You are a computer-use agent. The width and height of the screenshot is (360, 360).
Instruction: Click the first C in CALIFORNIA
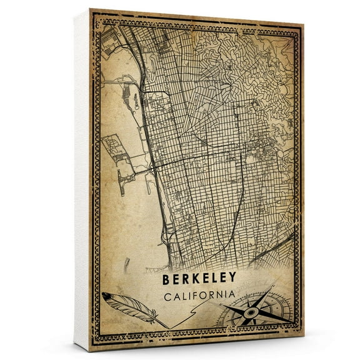165,294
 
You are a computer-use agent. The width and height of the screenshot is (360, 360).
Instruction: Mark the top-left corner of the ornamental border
95,15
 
